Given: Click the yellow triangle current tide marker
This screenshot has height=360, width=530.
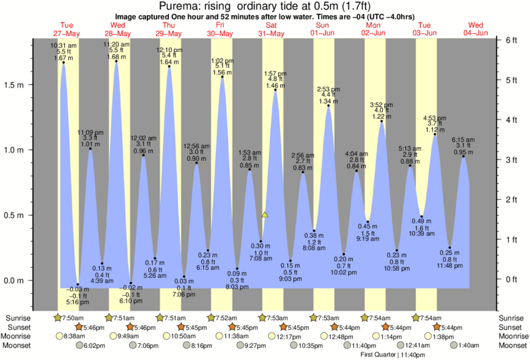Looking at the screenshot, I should tap(265, 215).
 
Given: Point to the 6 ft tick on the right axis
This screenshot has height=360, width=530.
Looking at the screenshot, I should tap(511, 40).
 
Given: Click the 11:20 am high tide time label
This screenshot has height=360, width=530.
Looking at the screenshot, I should tap(116, 44).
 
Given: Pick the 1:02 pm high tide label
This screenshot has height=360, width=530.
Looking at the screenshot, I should tap(222, 59).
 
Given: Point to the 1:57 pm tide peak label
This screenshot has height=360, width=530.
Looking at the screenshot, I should tap(275, 73).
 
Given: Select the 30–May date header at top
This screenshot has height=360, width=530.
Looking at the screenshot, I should tap(220, 33).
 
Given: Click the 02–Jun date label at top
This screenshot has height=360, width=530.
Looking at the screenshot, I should tap(374, 33).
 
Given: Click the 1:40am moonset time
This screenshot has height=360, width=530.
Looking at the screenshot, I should tap(469, 345).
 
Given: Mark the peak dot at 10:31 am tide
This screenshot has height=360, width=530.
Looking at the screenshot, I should tap(63, 63).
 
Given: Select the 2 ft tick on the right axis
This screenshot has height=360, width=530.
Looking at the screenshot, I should tap(511, 200).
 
